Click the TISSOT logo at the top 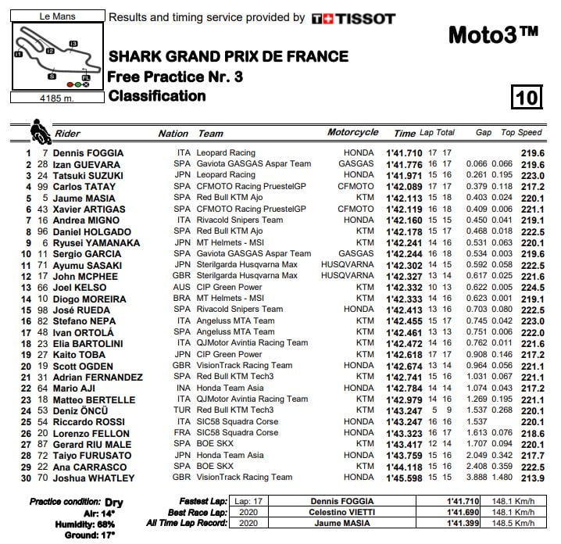click(x=353, y=18)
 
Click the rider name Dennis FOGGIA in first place click(x=88, y=153)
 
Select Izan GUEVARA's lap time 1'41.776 click(x=404, y=165)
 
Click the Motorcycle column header click(x=352, y=133)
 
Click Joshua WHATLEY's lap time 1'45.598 click(x=404, y=478)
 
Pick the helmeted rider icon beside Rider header click(x=38, y=129)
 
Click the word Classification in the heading click(x=157, y=96)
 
